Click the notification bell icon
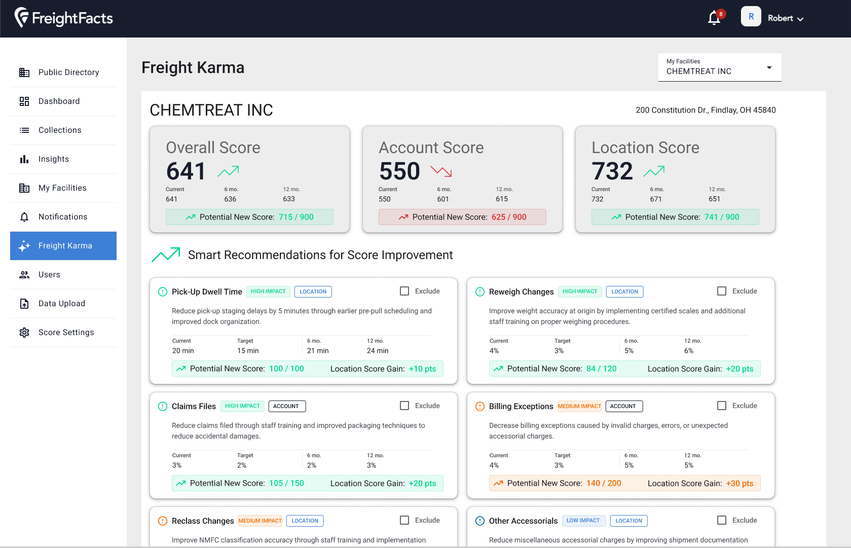714,18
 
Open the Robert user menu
785,18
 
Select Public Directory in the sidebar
68,72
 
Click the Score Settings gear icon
24,333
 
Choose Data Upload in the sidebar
61,304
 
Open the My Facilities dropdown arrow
769,67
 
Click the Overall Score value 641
186,171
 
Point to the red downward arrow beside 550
441,171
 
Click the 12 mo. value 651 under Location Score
714,199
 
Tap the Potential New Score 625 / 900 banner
462,217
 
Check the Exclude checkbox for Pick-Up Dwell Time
404,291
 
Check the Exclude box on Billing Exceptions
722,406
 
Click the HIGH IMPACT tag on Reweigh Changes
580,291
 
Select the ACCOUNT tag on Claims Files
286,406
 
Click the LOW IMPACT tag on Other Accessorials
583,521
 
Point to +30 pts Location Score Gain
739,484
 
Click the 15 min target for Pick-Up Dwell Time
248,351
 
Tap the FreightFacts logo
64,18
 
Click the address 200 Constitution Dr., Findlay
706,110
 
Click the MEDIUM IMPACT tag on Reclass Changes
260,521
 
